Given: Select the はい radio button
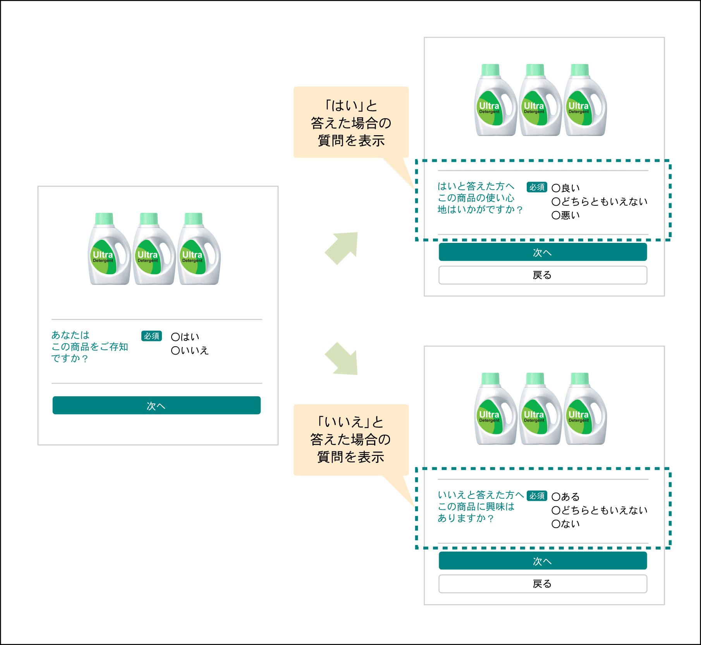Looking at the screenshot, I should (x=175, y=337).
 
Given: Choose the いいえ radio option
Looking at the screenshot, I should (x=175, y=351).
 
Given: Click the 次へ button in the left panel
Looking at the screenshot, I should (x=156, y=405).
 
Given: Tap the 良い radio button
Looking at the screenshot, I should (x=556, y=188).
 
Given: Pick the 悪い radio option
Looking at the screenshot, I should (x=556, y=215).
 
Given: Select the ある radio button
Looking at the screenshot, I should (x=556, y=497).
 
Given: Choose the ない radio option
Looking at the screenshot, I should (x=556, y=524).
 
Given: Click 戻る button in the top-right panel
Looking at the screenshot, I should (x=543, y=275).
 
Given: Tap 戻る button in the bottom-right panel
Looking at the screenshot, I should (x=543, y=584).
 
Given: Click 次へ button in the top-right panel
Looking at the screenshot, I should (x=543, y=252).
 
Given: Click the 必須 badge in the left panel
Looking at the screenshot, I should (x=151, y=336).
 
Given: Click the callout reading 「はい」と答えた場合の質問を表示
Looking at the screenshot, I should (x=351, y=122).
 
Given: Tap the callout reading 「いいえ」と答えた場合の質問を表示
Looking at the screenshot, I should (x=351, y=440).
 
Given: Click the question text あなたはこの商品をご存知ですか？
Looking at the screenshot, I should (x=89, y=347).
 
